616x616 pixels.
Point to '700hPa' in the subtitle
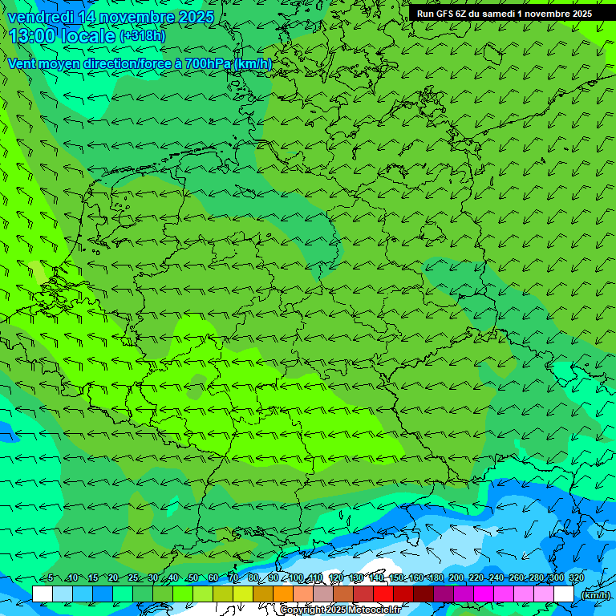(x=208, y=63)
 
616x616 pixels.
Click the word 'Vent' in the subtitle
(x=22, y=63)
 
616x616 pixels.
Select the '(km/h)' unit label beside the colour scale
(x=594, y=594)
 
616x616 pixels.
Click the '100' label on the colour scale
(x=296, y=577)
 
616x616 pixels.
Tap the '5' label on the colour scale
(x=51, y=577)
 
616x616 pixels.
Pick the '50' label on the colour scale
(x=192, y=577)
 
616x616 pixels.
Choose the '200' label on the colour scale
(x=456, y=577)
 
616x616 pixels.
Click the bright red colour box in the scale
(x=383, y=594)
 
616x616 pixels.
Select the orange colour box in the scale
(x=283, y=594)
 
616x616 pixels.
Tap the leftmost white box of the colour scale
(x=43, y=594)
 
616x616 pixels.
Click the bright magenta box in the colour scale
(x=484, y=594)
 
